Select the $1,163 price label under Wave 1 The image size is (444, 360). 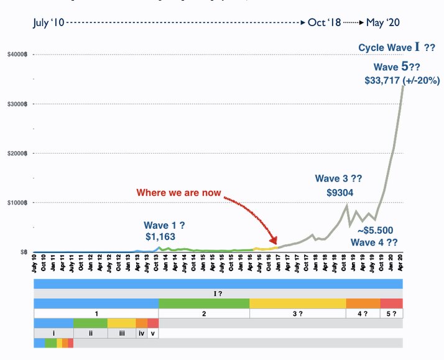tap(161, 236)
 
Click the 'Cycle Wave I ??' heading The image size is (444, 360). tap(396, 48)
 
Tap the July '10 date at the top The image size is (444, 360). tap(49, 22)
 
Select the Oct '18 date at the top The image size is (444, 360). tap(325, 22)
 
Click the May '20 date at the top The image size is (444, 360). tap(383, 22)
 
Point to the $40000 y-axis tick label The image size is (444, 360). tap(16, 54)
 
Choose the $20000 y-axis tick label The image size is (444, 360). tap(16, 153)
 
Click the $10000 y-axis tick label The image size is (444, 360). tap(16, 202)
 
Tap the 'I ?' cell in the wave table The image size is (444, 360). tap(218, 293)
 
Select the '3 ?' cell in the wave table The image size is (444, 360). tap(297, 313)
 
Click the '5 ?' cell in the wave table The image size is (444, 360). tap(391, 313)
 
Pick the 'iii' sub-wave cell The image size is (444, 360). tap(121, 333)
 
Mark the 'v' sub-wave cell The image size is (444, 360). tap(153, 333)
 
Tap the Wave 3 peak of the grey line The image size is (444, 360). tap(346, 205)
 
